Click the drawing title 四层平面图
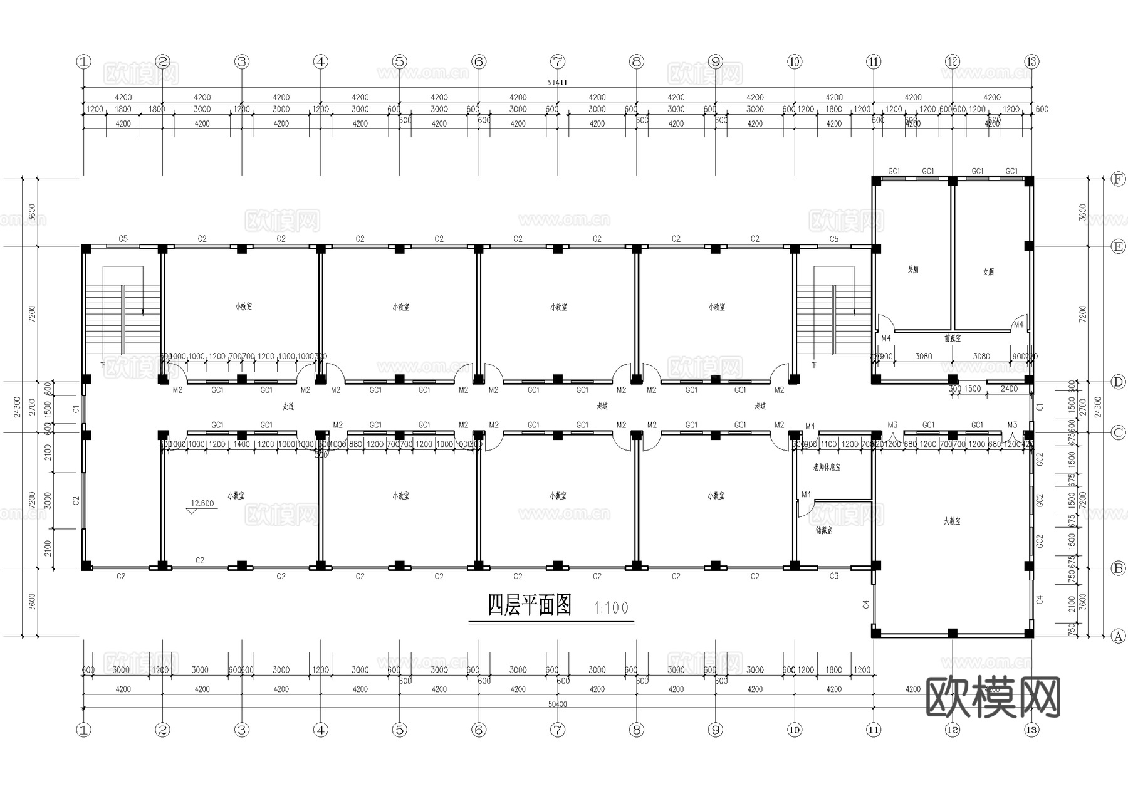[530, 605]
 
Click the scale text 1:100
[611, 607]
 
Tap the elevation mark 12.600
[202, 503]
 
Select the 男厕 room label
[913, 270]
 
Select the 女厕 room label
[988, 271]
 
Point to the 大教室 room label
[951, 521]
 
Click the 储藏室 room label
[823, 530]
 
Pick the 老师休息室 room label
[827, 467]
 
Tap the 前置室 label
[952, 338]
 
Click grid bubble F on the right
[1118, 179]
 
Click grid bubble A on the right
[1118, 636]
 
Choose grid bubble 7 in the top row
[558, 61]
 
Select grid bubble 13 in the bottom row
[1031, 730]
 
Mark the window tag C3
[833, 575]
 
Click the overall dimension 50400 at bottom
[557, 704]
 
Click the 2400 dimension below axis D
[1009, 389]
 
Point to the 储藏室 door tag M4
[806, 495]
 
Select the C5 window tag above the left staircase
[123, 239]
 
